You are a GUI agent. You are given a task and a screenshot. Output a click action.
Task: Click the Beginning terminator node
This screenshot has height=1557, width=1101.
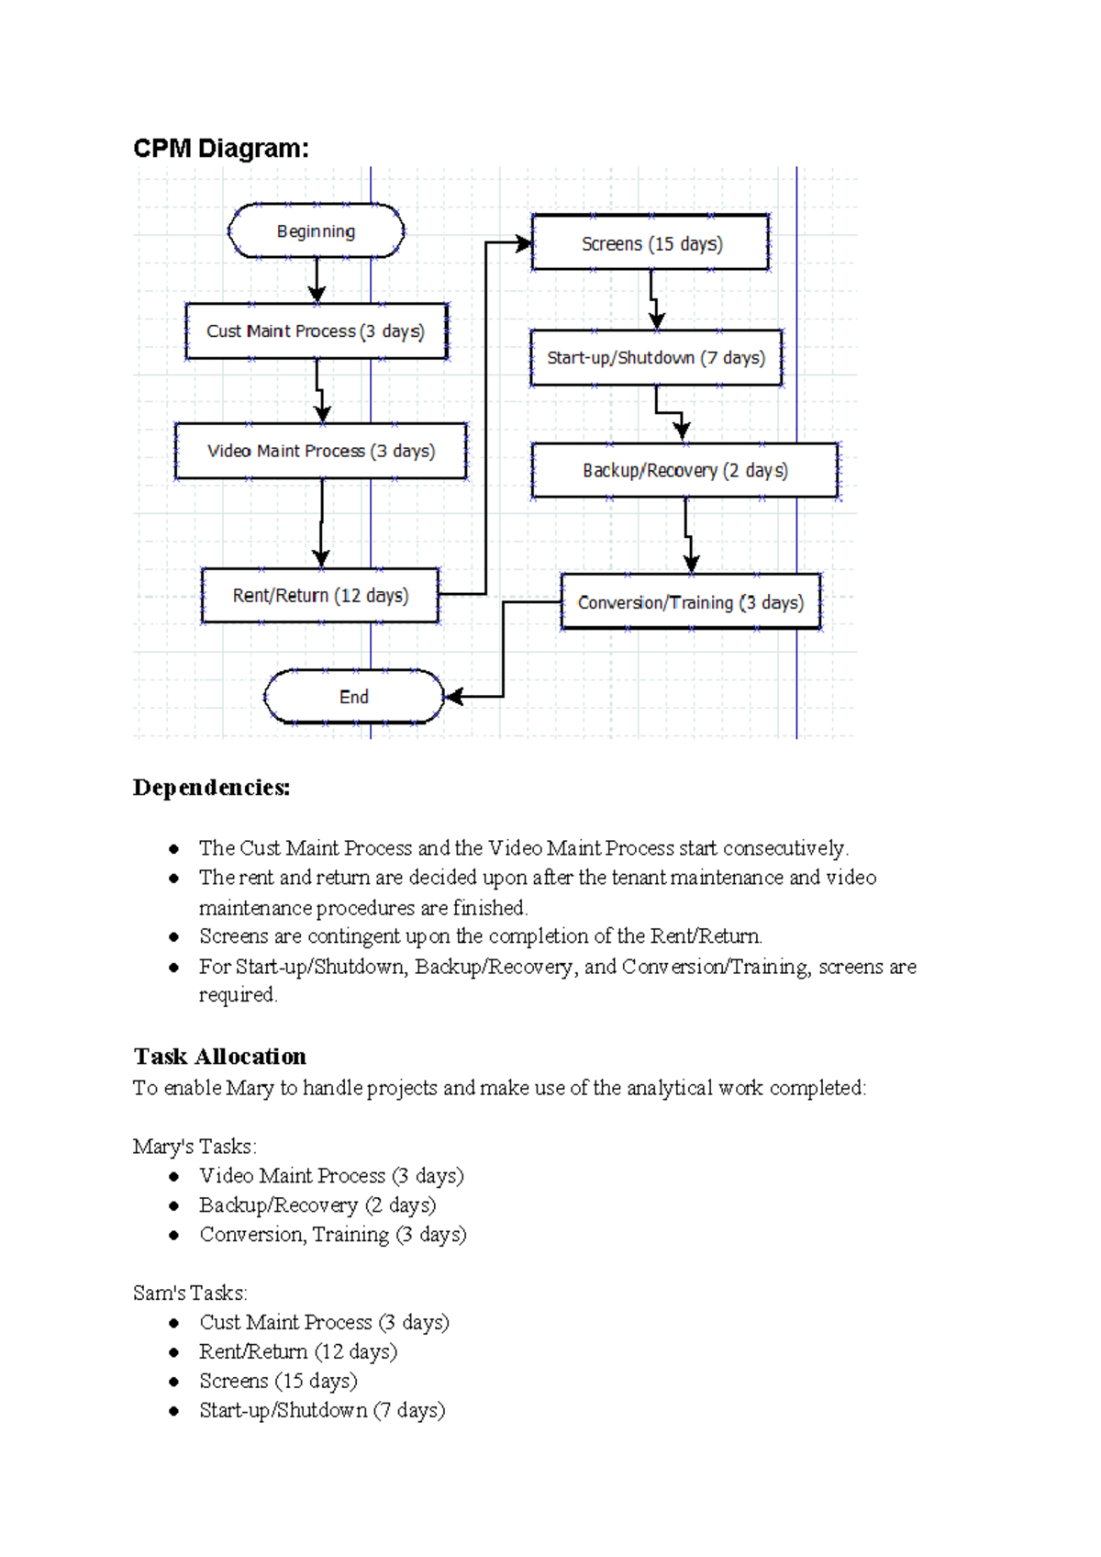[x=316, y=231]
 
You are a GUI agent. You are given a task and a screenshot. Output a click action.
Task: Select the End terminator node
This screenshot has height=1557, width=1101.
[x=353, y=697]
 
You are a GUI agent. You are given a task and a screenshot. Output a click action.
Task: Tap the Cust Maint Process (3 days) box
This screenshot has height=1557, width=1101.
[x=316, y=330]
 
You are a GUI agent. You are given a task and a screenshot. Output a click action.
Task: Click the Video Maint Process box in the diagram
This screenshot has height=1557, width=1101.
[x=320, y=451]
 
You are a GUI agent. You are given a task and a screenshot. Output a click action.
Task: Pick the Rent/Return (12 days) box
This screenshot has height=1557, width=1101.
[x=320, y=596]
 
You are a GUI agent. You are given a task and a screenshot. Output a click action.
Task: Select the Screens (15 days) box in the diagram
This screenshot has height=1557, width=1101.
[x=651, y=243]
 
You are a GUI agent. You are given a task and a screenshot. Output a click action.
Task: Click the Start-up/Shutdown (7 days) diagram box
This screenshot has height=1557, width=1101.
[x=656, y=358]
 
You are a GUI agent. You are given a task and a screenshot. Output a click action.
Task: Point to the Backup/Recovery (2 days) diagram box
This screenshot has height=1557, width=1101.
[x=684, y=471]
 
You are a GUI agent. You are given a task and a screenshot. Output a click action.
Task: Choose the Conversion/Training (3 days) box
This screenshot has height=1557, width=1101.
[x=690, y=602]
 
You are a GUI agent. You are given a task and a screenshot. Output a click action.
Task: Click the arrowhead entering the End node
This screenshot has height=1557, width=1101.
[x=453, y=697]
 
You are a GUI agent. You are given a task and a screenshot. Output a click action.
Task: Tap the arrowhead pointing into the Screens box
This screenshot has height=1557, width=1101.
[x=524, y=243]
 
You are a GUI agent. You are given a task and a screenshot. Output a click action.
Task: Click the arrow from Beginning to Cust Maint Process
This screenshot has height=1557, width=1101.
[x=317, y=279]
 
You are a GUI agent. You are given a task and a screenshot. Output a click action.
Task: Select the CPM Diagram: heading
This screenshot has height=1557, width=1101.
[x=221, y=148]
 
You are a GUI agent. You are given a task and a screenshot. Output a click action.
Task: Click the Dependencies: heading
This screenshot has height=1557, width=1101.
[x=211, y=788]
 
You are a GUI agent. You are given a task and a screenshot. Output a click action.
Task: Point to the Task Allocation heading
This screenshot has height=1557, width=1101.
[x=220, y=1056]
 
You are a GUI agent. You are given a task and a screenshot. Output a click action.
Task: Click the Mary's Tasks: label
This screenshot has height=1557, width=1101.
[x=195, y=1147]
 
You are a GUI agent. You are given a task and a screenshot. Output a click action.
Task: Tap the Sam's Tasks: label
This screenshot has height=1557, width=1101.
[x=190, y=1294]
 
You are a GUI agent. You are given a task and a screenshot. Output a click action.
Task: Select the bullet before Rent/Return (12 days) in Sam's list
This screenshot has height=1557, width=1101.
[x=173, y=1352]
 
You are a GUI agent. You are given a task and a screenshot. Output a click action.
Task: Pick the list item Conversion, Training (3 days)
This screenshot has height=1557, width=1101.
[x=333, y=1235]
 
